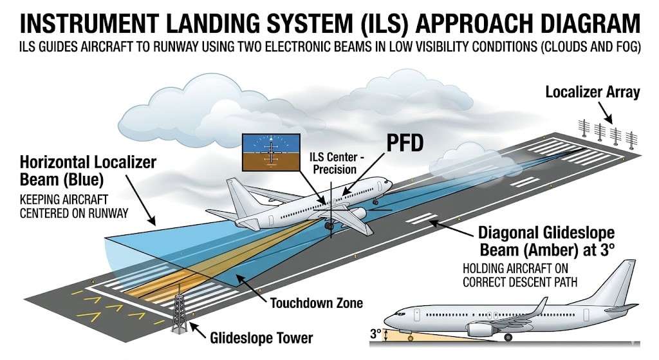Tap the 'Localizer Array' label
coord(592,92)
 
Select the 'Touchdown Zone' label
coord(307,302)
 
